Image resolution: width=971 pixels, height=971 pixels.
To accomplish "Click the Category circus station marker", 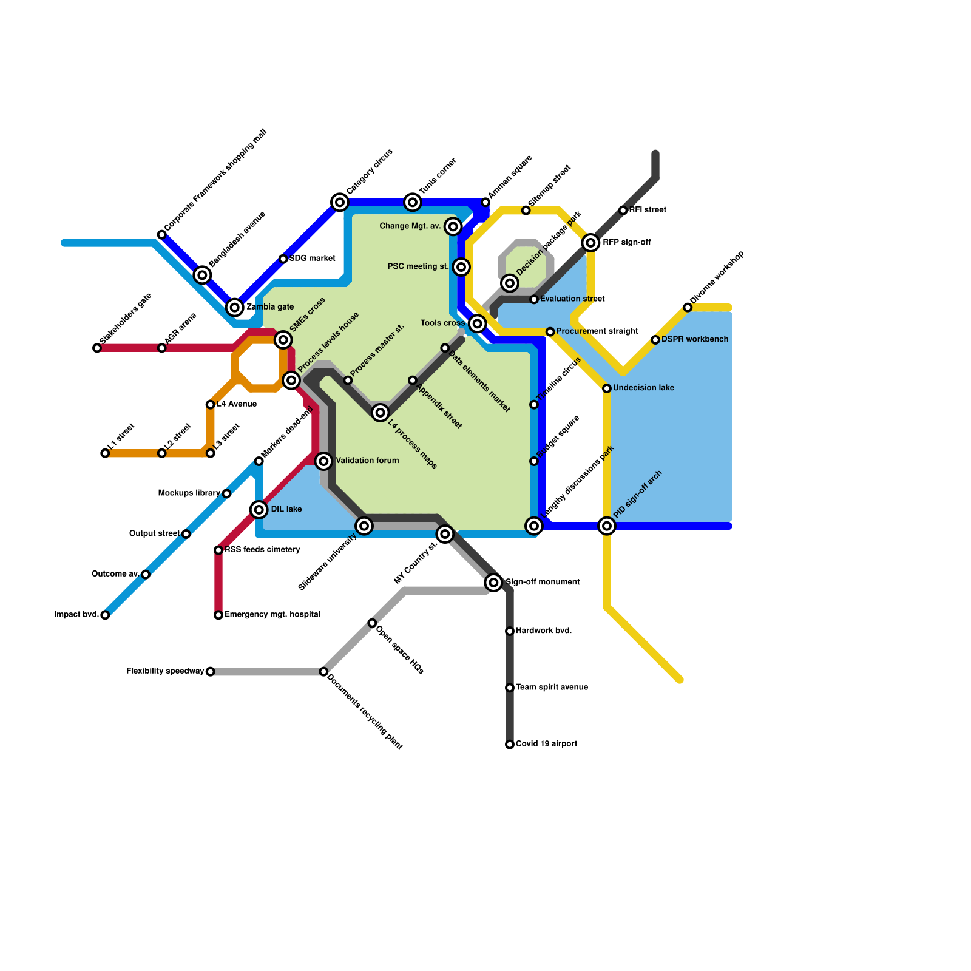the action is click(340, 202).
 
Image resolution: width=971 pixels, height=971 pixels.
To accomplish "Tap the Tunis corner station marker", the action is click(413, 202).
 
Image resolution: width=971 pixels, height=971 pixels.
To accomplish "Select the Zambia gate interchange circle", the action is click(235, 308).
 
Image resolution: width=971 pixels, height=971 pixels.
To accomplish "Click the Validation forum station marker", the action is click(324, 461).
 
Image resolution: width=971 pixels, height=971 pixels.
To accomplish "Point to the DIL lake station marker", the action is click(259, 510).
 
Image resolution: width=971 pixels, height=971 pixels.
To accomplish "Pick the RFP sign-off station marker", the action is click(590, 243).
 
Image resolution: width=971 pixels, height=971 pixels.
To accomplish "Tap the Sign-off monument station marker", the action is click(493, 583).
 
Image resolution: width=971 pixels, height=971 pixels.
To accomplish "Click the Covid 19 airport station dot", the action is click(510, 745).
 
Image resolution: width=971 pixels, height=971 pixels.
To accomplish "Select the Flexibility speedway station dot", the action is click(210, 672).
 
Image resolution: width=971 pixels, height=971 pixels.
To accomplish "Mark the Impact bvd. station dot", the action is click(105, 615).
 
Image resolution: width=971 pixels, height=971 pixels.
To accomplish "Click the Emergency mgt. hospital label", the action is click(272, 615).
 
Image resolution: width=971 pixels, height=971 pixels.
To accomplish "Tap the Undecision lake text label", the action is click(643, 388).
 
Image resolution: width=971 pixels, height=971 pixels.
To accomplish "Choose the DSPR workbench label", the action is click(694, 339).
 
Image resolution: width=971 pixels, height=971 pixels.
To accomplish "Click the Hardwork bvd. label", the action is click(544, 631).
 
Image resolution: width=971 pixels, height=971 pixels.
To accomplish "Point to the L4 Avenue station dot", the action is click(210, 405).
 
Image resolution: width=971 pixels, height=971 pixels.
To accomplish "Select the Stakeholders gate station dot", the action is click(97, 348).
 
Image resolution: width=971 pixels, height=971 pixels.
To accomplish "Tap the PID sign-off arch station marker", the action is click(607, 526).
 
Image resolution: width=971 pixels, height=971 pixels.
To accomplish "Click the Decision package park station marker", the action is click(510, 283).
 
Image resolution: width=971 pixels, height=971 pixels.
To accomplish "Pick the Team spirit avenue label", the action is click(552, 688).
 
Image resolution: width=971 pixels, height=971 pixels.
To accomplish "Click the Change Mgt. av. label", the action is click(410, 226).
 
